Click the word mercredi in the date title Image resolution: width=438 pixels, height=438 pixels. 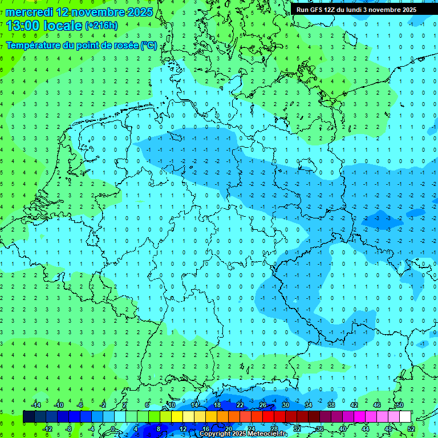coord(30,12)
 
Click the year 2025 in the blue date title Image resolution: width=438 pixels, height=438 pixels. coord(136,12)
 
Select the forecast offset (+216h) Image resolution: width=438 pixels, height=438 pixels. coord(102,26)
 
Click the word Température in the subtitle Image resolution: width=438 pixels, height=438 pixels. coord(34,45)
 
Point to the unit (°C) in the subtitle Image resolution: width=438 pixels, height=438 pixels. coord(149,45)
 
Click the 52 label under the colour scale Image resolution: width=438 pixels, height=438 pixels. coord(411,428)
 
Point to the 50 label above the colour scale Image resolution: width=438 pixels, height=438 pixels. coord(399,405)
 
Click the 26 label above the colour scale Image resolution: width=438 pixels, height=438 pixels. coord(262,405)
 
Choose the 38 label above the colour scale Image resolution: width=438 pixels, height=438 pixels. coord(331,405)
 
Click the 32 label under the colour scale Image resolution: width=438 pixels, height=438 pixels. coord(297,428)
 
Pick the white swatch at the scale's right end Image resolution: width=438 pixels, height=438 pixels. coord(405,416)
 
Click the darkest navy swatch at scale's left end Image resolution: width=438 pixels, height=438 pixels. coord(29,416)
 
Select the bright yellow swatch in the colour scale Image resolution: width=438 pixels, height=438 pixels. coord(188,416)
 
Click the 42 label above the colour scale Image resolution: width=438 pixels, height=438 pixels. coord(354,405)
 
